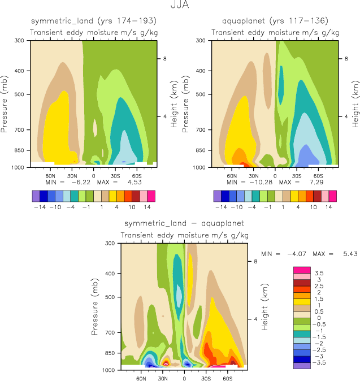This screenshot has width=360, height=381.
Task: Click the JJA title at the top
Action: click(x=180, y=6)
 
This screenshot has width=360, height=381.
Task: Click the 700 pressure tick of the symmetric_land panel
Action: click(x=21, y=130)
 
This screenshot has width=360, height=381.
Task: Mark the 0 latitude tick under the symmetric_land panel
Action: click(x=93, y=175)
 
